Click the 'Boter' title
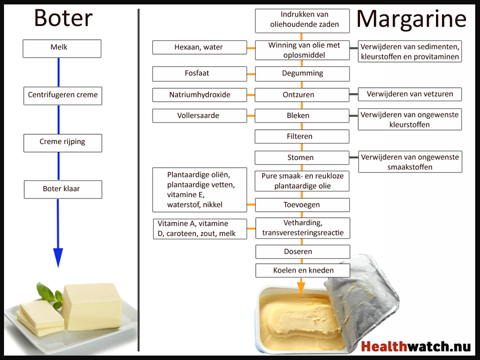coord(63,18)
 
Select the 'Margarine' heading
coord(411,19)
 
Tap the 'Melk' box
coord(62,48)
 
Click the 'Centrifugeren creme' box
coord(62,95)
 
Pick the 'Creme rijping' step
coord(62,142)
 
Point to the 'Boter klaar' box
coord(62,189)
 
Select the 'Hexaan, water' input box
coord(199,47)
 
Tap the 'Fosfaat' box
coord(199,73)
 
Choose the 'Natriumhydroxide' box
coord(199,94)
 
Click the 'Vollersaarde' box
coord(199,115)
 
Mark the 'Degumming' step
coord(302,73)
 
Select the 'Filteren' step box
coord(302,136)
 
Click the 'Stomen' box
coord(302,158)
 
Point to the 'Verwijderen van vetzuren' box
coord(409,94)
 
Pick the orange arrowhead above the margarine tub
coord(301,287)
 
